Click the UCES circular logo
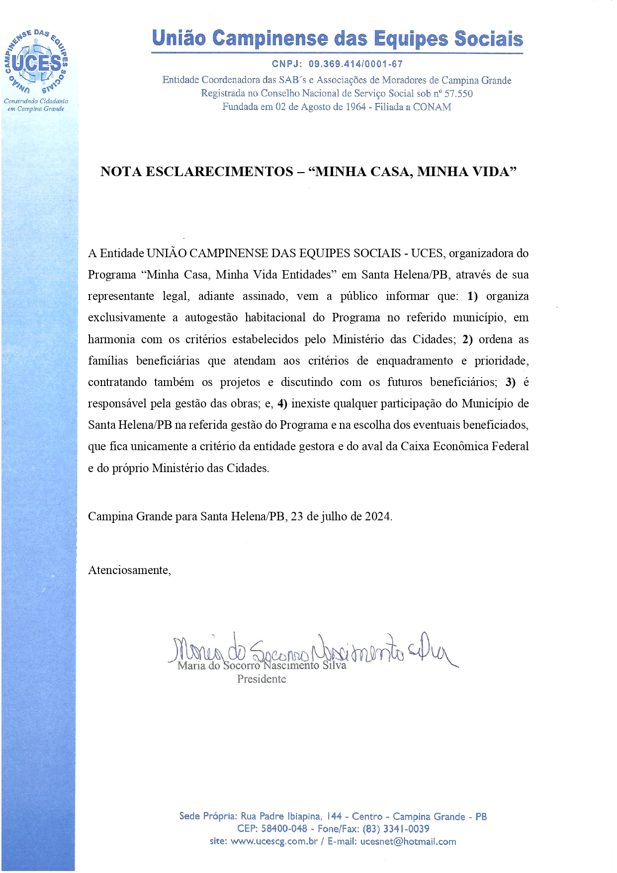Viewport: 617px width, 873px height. point(36,63)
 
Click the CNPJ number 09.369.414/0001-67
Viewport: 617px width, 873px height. point(355,64)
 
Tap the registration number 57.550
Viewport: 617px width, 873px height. point(458,94)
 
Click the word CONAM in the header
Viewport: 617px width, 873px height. point(432,107)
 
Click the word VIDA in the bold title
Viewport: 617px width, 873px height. point(489,172)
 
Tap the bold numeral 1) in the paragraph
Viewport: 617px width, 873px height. point(472,296)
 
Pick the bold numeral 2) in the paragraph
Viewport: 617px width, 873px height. point(467,340)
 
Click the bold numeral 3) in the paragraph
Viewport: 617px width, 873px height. point(510,383)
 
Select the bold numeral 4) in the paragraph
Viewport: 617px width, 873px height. point(282,404)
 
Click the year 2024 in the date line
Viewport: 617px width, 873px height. point(377,516)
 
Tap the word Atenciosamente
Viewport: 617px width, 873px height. point(129,570)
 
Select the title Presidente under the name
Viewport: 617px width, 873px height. point(262,679)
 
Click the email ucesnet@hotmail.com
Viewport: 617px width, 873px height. point(408,842)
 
